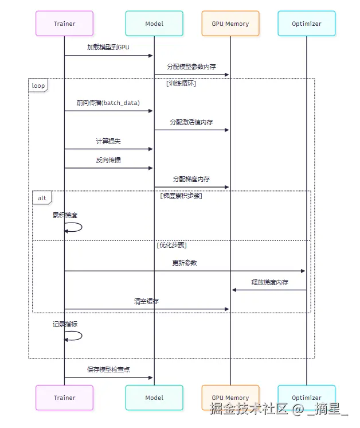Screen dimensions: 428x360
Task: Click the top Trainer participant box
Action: pyautogui.click(x=64, y=24)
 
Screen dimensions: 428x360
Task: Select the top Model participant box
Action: pyautogui.click(x=154, y=24)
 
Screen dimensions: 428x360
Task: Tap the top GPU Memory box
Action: pyautogui.click(x=230, y=24)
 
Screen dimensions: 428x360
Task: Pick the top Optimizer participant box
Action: pyautogui.click(x=306, y=24)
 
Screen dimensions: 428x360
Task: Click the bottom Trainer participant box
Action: pyautogui.click(x=64, y=398)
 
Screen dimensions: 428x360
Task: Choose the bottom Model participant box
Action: pyautogui.click(x=154, y=398)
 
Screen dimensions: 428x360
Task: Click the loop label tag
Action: pyautogui.click(x=38, y=85)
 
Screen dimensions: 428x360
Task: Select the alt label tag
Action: pyautogui.click(x=42, y=198)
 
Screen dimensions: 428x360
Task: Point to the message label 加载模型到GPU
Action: pyautogui.click(x=108, y=47)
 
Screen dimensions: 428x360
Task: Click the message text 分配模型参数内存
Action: pyautogui.click(x=191, y=67)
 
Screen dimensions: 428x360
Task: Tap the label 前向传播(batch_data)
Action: pyautogui.click(x=108, y=103)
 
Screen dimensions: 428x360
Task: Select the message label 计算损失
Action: pyautogui.click(x=108, y=141)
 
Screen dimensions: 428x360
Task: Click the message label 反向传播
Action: pyautogui.click(x=108, y=160)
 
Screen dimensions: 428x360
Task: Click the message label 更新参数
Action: pyautogui.click(x=185, y=263)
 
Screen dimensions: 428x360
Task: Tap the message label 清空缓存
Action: pyautogui.click(x=146, y=301)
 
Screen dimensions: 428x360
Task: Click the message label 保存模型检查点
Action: pyautogui.click(x=108, y=369)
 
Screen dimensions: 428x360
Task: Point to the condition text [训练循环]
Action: pyautogui.click(x=181, y=84)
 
